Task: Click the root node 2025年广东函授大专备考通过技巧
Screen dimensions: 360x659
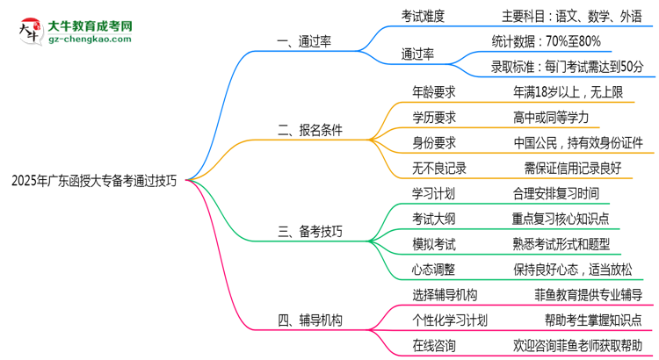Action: [94, 182]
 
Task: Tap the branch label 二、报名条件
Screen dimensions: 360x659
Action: [310, 131]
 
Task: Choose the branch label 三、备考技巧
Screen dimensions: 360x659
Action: [310, 232]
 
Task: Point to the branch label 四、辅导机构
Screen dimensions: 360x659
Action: [310, 320]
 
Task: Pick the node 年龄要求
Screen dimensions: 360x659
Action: [434, 91]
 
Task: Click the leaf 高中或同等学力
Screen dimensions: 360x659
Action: [551, 117]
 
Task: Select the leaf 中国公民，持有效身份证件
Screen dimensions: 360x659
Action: [578, 142]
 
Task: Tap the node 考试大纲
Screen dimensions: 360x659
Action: [434, 219]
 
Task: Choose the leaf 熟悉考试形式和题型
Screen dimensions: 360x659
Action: [561, 244]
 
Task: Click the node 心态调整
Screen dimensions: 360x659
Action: [434, 270]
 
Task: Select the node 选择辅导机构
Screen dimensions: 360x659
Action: [445, 295]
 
